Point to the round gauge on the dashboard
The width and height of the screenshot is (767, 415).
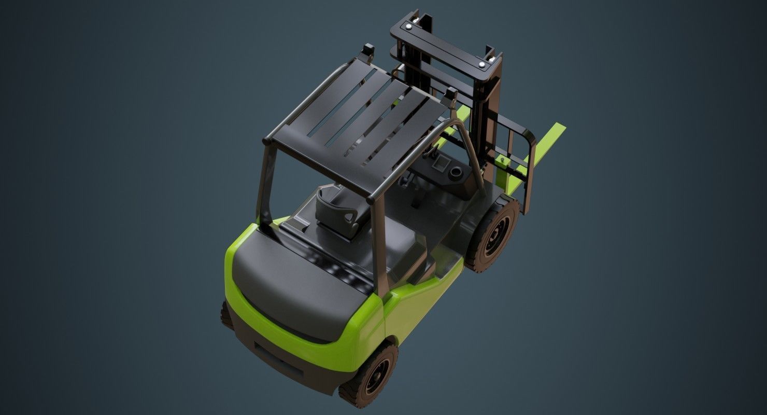pos(457,172)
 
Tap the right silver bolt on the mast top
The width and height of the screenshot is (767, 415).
pos(483,64)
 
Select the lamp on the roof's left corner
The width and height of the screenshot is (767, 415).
pos(368,50)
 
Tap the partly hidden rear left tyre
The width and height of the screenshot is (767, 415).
pos(226,313)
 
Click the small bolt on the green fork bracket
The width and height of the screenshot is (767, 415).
pos(502,160)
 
